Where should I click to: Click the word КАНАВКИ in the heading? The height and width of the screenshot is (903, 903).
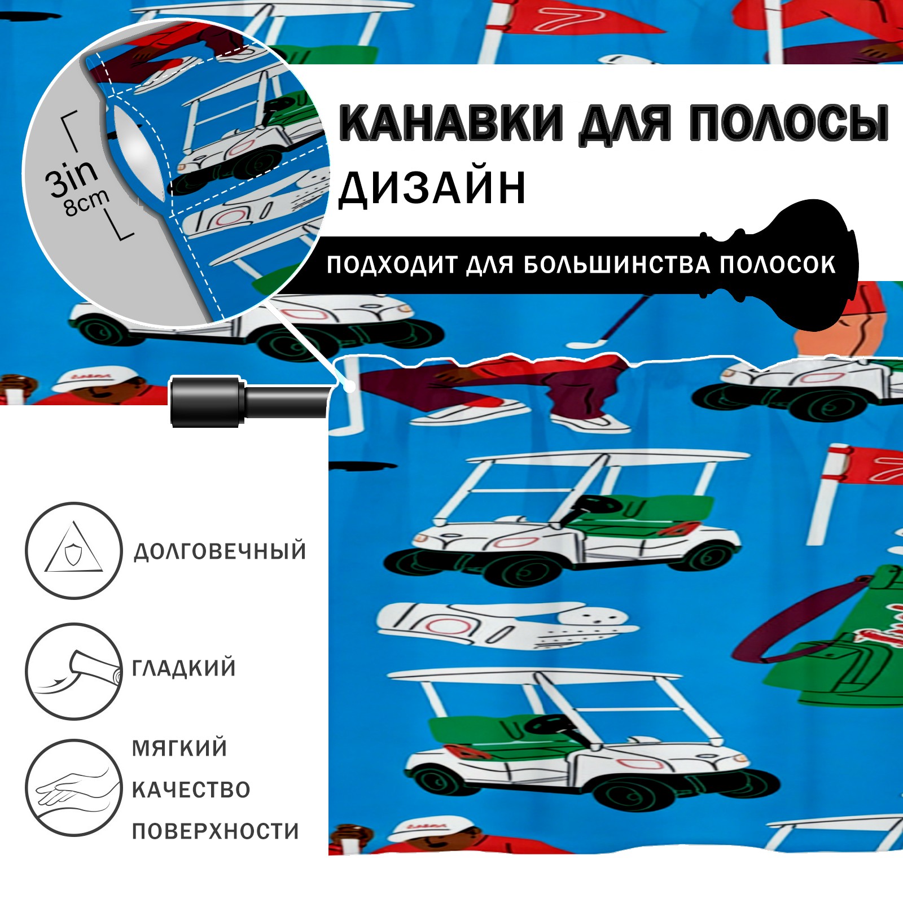[451, 122]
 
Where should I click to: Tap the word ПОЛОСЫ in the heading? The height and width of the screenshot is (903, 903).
[788, 122]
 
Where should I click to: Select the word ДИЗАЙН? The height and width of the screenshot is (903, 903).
[432, 187]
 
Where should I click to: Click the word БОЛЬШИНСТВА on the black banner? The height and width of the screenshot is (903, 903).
[616, 265]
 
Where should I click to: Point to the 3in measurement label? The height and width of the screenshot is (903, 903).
[72, 177]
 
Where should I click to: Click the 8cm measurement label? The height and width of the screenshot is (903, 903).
[86, 203]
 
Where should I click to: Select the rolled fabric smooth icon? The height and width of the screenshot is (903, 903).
[73, 671]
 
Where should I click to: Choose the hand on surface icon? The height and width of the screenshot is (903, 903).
[73, 788]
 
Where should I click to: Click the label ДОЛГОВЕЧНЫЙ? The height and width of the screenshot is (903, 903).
[220, 551]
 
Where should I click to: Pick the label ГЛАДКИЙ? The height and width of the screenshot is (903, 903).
[183, 668]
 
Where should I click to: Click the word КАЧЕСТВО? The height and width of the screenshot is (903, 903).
[191, 790]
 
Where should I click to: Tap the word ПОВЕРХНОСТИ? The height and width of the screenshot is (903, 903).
[215, 831]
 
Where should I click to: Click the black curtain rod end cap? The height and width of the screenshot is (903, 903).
[207, 402]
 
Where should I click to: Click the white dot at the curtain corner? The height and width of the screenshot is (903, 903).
[350, 387]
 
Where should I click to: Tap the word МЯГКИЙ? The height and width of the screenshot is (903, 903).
[179, 748]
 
